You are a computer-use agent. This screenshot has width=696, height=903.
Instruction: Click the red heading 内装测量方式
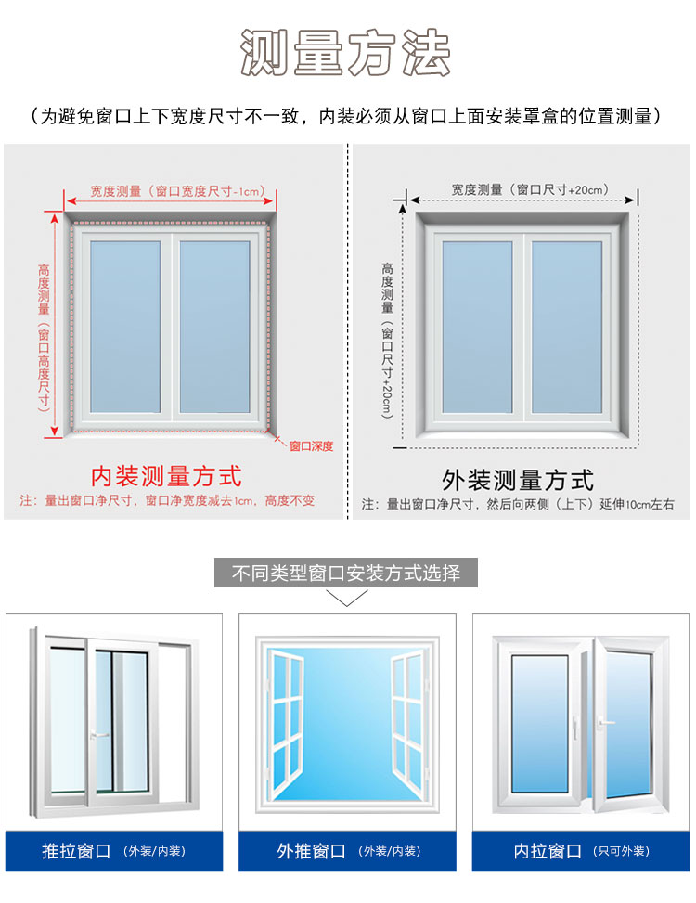pyautogui.click(x=166, y=476)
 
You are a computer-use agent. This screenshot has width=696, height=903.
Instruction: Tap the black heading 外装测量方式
pyautogui.click(x=518, y=480)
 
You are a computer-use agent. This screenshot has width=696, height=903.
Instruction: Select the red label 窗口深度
pyautogui.click(x=311, y=446)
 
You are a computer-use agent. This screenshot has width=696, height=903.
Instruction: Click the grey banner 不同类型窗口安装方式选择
pyautogui.click(x=346, y=573)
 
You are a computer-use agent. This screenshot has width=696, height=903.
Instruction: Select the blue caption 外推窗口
pyautogui.click(x=311, y=851)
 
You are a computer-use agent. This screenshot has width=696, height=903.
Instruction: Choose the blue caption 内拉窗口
pyautogui.click(x=548, y=851)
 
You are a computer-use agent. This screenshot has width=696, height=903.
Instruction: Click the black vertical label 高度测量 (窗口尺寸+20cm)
pyautogui.click(x=387, y=339)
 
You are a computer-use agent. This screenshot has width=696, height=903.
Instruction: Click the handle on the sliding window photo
pyautogui.click(x=98, y=735)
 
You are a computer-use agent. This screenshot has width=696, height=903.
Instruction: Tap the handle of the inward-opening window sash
pyautogui.click(x=607, y=722)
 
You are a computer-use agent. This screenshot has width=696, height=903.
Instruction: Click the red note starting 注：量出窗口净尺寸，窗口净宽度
pyautogui.click(x=167, y=501)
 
